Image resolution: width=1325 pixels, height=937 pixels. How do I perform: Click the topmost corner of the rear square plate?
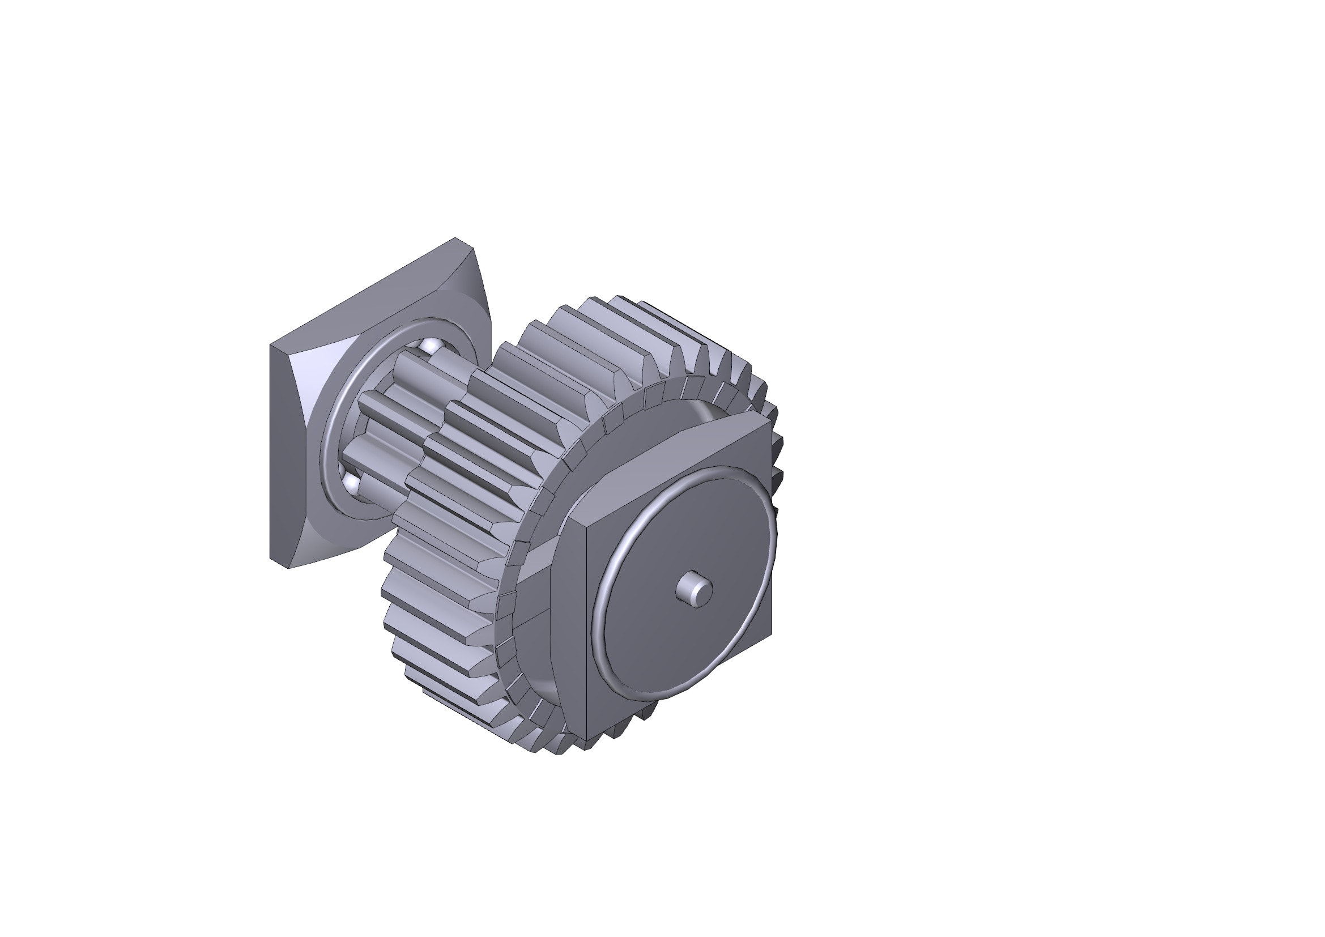pyautogui.click(x=455, y=238)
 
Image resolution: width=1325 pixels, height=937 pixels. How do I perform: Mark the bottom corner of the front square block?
pyautogui.click(x=587, y=740)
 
